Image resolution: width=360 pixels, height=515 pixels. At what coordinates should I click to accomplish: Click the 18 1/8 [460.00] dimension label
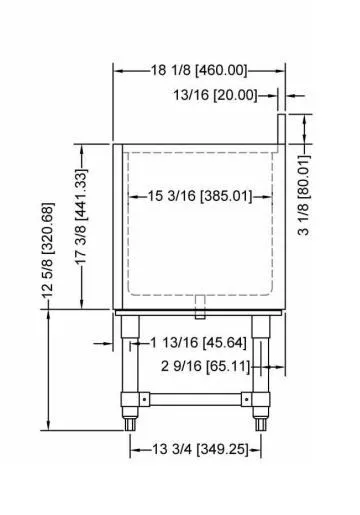pyautogui.click(x=199, y=71)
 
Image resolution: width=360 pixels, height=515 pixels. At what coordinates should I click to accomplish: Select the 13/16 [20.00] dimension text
pyautogui.click(x=215, y=95)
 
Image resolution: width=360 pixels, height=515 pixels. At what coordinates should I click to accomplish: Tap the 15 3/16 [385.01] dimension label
pyautogui.click(x=200, y=196)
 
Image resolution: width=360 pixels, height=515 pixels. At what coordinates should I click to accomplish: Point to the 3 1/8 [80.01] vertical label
pyautogui.click(x=304, y=195)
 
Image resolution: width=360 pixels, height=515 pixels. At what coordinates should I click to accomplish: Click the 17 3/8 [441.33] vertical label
pyautogui.click(x=81, y=217)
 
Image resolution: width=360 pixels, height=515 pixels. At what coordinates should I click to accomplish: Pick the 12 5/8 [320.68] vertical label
pyautogui.click(x=47, y=250)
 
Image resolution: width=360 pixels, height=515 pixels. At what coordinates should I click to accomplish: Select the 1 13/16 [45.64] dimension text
pyautogui.click(x=199, y=342)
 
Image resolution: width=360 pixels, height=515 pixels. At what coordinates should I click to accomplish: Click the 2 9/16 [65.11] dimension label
pyautogui.click(x=205, y=366)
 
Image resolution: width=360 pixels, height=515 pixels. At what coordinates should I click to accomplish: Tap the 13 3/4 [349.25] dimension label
pyautogui.click(x=200, y=449)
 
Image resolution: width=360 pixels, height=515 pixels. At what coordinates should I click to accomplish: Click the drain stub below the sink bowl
pyautogui.click(x=200, y=307)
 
